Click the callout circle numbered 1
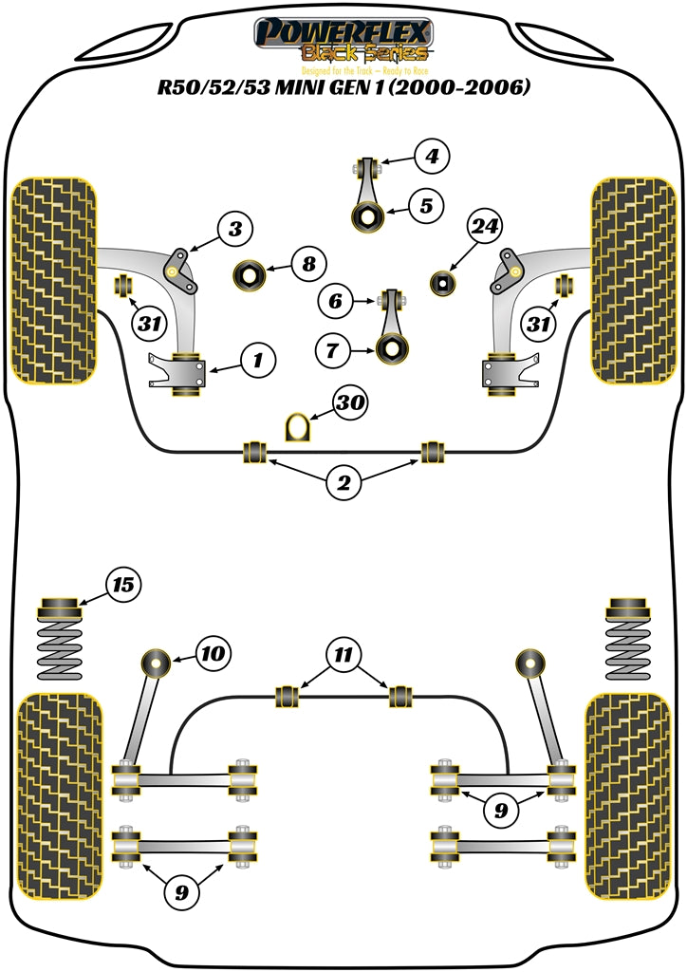pyautogui.click(x=257, y=360)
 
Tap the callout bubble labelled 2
pyautogui.click(x=344, y=483)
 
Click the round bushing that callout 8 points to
pyautogui.click(x=251, y=275)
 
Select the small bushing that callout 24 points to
pyautogui.click(x=442, y=282)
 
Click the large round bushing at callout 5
pyautogui.click(x=366, y=217)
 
